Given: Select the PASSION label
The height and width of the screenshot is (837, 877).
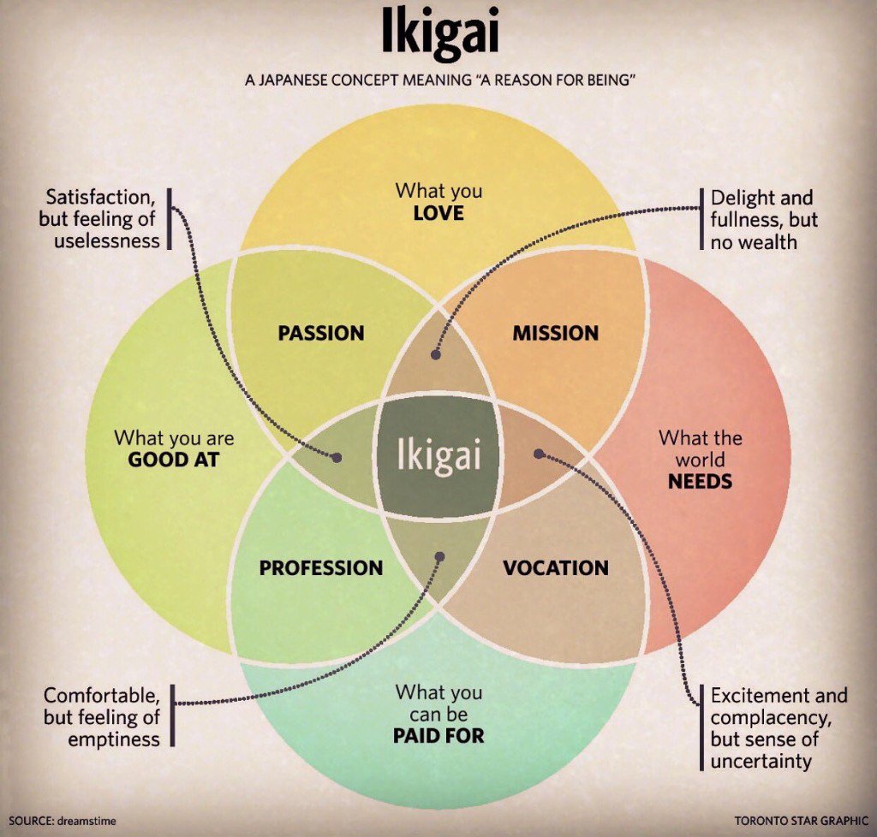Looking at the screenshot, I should coord(321,333).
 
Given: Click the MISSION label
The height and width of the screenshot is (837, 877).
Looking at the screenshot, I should coord(556,333).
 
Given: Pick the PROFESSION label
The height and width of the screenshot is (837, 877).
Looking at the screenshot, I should coord(321,567).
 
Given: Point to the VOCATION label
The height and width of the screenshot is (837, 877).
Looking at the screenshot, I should coord(556,567).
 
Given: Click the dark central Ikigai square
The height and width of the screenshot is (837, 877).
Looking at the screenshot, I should coord(438,454).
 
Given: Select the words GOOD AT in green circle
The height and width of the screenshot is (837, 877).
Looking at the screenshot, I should coord(174,460).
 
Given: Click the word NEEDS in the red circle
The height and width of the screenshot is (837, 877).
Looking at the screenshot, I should coord(700,481).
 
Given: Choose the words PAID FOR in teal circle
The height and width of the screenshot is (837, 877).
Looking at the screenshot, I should coord(438,734).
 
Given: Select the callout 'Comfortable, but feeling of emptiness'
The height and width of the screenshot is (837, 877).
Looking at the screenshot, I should coord(102,715).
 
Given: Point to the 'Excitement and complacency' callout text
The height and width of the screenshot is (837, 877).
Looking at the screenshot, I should coord(779,727).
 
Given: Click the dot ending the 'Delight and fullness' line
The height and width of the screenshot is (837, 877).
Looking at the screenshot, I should coord(434,352).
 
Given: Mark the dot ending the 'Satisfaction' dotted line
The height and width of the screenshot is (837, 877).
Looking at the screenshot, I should coord(337,458).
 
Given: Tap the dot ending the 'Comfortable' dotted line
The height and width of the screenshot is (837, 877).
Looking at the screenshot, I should coord(440,556).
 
